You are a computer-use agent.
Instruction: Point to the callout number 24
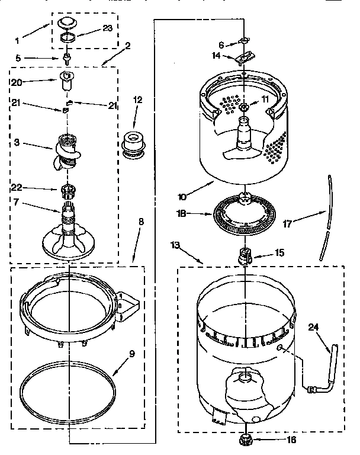tap(314, 325)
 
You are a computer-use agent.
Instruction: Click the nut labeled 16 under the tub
tap(245, 439)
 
